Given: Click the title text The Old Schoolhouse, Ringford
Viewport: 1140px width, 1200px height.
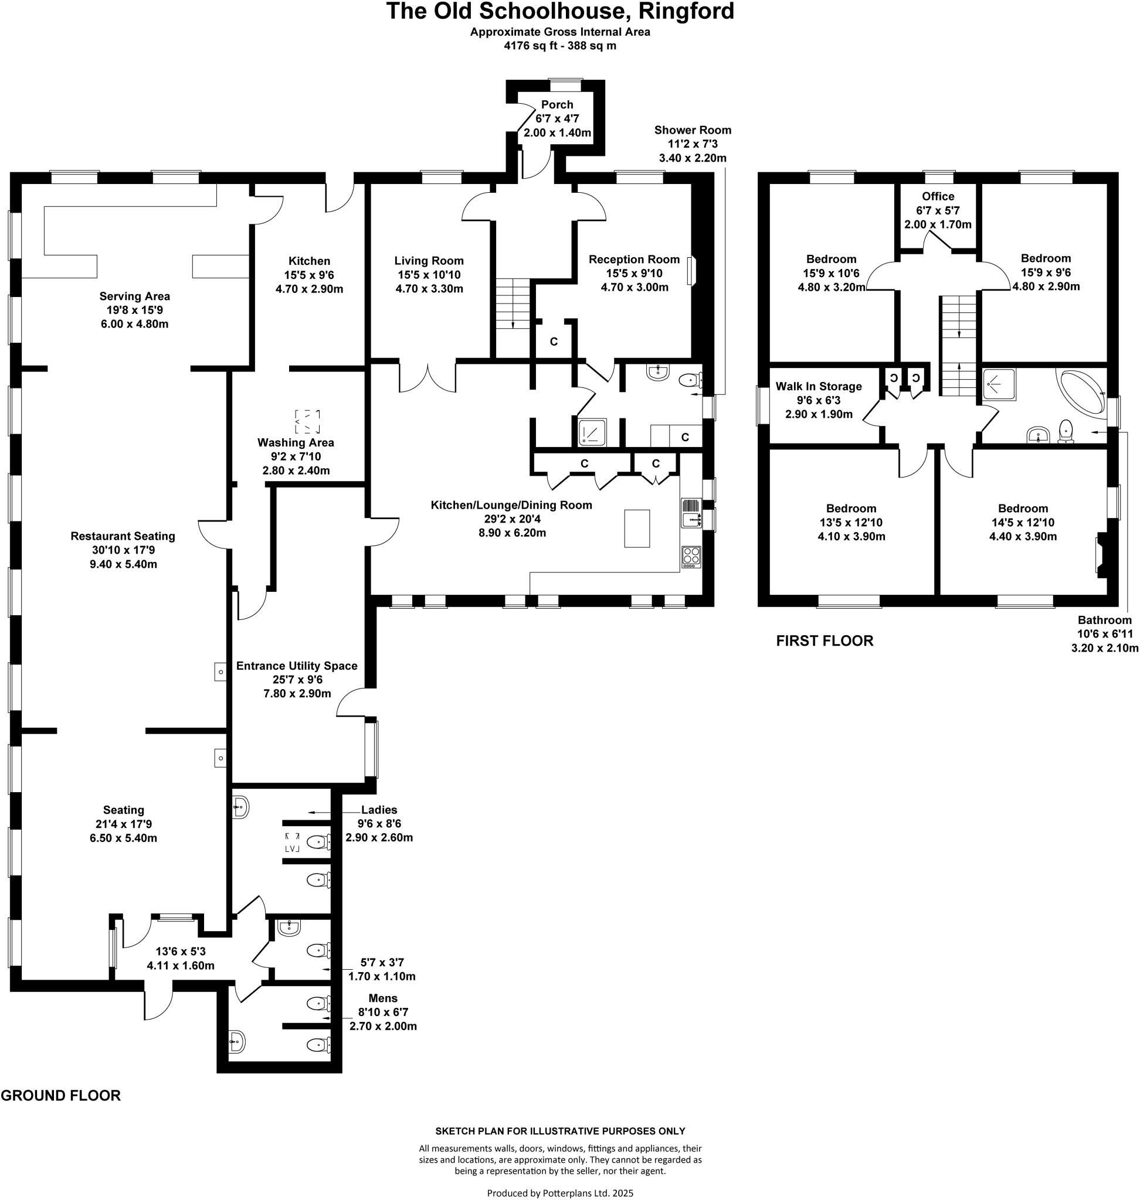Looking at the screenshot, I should (x=559, y=12).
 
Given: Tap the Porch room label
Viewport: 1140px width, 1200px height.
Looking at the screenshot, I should (x=557, y=104).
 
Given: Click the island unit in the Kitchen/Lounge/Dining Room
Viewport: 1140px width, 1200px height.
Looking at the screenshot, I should (x=637, y=529).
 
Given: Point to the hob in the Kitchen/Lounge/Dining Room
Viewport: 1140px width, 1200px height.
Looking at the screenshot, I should (x=691, y=556).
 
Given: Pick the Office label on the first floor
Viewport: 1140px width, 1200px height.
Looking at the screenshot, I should (x=938, y=196).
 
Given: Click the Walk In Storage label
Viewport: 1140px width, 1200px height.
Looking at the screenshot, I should (x=819, y=386).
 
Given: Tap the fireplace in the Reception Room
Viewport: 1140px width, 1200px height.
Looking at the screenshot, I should (x=691, y=271).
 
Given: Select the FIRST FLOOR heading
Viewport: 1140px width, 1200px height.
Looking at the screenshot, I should (x=824, y=640).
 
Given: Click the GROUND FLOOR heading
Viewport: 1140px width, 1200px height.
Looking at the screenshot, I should (x=61, y=1096).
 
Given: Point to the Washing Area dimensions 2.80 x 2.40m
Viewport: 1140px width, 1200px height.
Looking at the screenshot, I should (x=296, y=470).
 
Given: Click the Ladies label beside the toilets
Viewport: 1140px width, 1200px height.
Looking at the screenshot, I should (x=379, y=810).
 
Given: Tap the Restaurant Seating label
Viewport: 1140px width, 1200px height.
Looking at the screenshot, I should (x=123, y=536).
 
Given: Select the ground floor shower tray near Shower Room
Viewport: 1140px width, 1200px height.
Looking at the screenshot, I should (x=592, y=432).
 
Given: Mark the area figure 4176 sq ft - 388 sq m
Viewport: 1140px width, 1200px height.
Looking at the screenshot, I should (x=559, y=46).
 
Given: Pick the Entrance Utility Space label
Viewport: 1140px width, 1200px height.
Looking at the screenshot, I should (x=297, y=666).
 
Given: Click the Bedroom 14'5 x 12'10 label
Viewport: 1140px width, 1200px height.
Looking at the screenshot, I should (x=1023, y=508).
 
